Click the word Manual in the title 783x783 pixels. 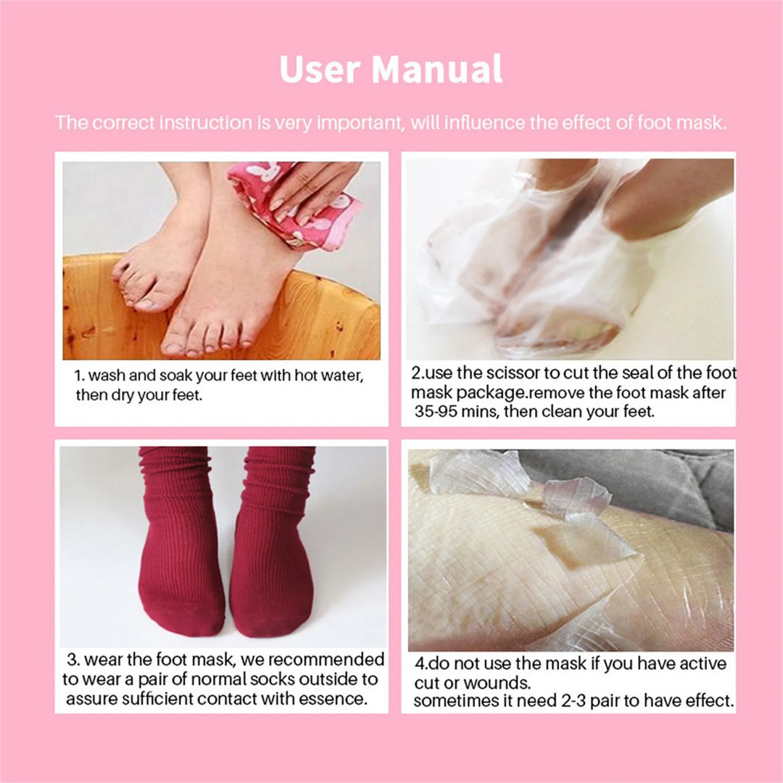pyautogui.click(x=437, y=70)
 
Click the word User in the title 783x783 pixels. pyautogui.click(x=319, y=70)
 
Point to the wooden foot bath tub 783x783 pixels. pyautogui.click(x=217, y=319)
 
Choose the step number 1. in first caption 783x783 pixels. pyautogui.click(x=80, y=377)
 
